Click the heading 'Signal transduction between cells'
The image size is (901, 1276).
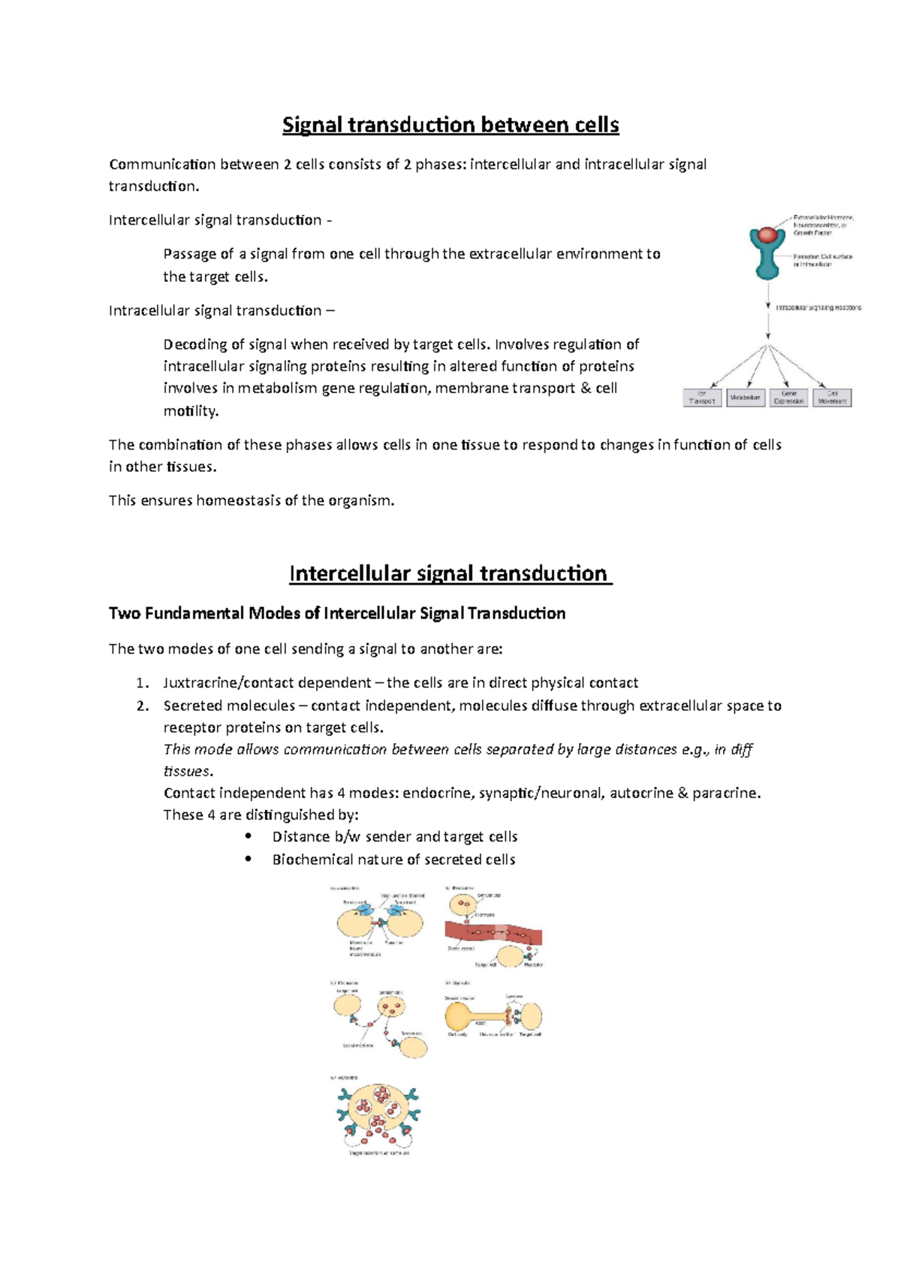pyautogui.click(x=450, y=125)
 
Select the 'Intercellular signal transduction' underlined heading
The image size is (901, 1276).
pyautogui.click(x=449, y=574)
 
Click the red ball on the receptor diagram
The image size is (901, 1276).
pyautogui.click(x=767, y=234)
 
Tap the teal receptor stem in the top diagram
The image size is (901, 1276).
pyautogui.click(x=767, y=263)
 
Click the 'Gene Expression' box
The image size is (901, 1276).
pyautogui.click(x=789, y=398)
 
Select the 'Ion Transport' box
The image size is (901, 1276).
pyautogui.click(x=703, y=398)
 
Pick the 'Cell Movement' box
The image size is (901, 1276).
pyautogui.click(x=832, y=398)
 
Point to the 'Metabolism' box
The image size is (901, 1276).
pyautogui.click(x=746, y=398)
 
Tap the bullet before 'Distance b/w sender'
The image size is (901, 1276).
pyautogui.click(x=249, y=836)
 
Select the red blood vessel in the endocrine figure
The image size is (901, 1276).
pyautogui.click(x=493, y=934)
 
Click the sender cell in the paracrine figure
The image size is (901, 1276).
pyautogui.click(x=391, y=1005)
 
